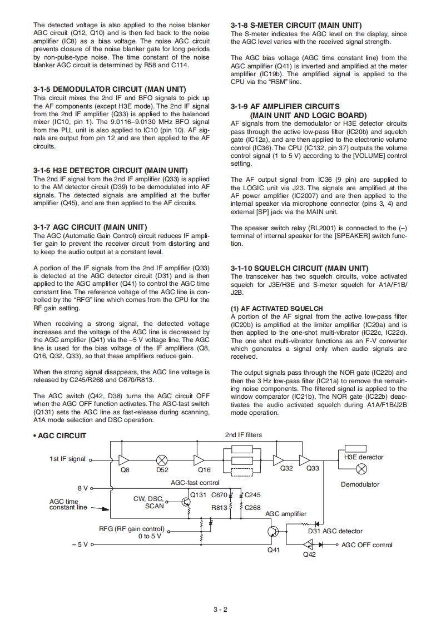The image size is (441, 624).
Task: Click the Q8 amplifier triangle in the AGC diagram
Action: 124,460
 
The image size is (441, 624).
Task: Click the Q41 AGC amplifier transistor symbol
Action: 273,532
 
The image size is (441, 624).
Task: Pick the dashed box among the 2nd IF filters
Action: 241,473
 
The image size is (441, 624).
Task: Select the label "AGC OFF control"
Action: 366,545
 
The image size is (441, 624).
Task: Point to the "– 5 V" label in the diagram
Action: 80,544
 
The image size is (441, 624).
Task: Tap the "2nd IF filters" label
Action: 243,435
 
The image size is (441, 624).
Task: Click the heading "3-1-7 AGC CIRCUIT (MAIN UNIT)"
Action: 90,227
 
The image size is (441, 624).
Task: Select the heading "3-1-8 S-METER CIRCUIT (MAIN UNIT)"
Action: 296,26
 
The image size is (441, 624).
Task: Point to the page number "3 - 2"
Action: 220,609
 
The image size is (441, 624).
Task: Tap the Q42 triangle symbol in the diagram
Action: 308,545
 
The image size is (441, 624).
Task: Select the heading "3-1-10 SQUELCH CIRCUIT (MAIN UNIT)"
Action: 299,268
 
